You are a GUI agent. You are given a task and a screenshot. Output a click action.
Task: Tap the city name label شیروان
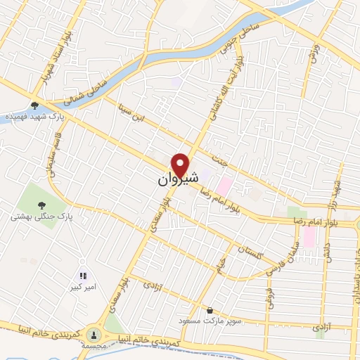(172, 181)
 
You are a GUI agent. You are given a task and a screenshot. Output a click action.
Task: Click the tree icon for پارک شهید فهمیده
(34, 105)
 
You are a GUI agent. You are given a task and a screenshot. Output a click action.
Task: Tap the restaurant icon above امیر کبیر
(82, 276)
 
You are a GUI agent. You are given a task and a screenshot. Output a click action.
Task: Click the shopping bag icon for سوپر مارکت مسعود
(209, 309)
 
